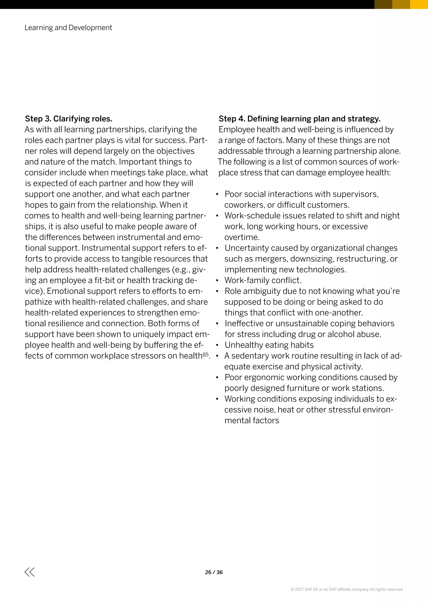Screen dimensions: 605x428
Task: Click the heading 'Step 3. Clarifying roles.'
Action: [69, 119]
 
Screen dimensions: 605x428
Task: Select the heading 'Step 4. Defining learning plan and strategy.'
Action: [299, 119]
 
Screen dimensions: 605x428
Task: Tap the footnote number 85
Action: [206, 354]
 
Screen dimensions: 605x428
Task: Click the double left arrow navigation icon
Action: [29, 572]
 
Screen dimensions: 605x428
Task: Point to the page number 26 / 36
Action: [214, 572]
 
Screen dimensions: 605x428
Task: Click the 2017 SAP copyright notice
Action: [347, 590]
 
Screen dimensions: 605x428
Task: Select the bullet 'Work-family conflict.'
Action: [263, 280]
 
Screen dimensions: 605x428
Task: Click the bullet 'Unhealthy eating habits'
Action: [269, 345]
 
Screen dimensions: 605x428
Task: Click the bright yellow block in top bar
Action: [419, 4]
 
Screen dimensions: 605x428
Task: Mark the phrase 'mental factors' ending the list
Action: [251, 421]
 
